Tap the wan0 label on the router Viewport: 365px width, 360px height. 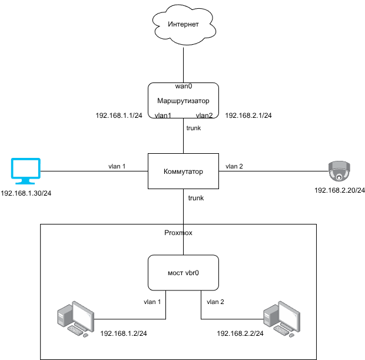pyautogui.click(x=183, y=86)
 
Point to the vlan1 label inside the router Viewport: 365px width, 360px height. pyautogui.click(x=162, y=115)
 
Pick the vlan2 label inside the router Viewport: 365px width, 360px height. pyautogui.click(x=204, y=115)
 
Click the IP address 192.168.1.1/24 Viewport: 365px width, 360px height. pyautogui.click(x=119, y=115)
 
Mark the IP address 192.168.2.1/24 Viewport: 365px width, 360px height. pyautogui.click(x=248, y=115)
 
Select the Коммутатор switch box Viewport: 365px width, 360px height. pyautogui.click(x=183, y=171)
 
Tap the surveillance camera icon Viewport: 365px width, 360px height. pyautogui.click(x=340, y=172)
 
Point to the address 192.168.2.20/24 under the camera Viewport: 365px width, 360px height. pyautogui.click(x=340, y=190)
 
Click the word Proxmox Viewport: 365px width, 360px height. pyautogui.click(x=178, y=233)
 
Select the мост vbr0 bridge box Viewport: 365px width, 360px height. pyautogui.click(x=183, y=273)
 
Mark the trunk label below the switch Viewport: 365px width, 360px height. pyautogui.click(x=195, y=198)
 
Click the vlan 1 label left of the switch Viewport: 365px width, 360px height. pyautogui.click(x=117, y=166)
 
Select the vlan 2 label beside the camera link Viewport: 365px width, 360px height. pyautogui.click(x=234, y=166)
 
